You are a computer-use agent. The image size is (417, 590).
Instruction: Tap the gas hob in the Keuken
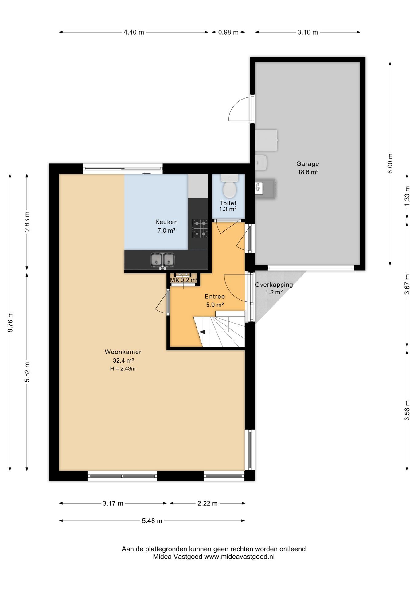pyautogui.click(x=200, y=228)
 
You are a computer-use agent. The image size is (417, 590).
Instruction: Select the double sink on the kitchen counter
pyautogui.click(x=162, y=260)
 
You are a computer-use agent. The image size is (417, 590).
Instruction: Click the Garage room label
pyautogui.click(x=307, y=164)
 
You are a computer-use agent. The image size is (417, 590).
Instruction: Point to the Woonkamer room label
pyautogui.click(x=123, y=352)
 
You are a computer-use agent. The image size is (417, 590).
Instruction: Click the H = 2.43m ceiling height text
pyautogui.click(x=123, y=368)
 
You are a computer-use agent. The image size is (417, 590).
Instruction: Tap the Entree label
pyautogui.click(x=215, y=297)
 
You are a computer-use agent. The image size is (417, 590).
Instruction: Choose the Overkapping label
pyautogui.click(x=274, y=285)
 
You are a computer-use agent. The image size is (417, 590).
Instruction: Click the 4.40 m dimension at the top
pyautogui.click(x=134, y=32)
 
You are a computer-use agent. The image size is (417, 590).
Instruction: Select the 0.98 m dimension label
pyautogui.click(x=228, y=32)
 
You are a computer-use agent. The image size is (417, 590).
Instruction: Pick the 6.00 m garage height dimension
pyautogui.click(x=390, y=163)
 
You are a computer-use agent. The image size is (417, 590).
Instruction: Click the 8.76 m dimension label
pyautogui.click(x=10, y=322)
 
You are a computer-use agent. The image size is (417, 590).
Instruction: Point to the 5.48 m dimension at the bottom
pyautogui.click(x=152, y=521)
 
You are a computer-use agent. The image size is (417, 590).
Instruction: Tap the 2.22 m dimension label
pyautogui.click(x=208, y=503)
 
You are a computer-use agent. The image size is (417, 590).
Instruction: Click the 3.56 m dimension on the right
pyautogui.click(x=407, y=410)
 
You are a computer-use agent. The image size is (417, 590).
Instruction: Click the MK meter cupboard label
pyautogui.click(x=174, y=280)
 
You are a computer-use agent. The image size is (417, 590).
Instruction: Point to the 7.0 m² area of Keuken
pyautogui.click(x=166, y=230)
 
